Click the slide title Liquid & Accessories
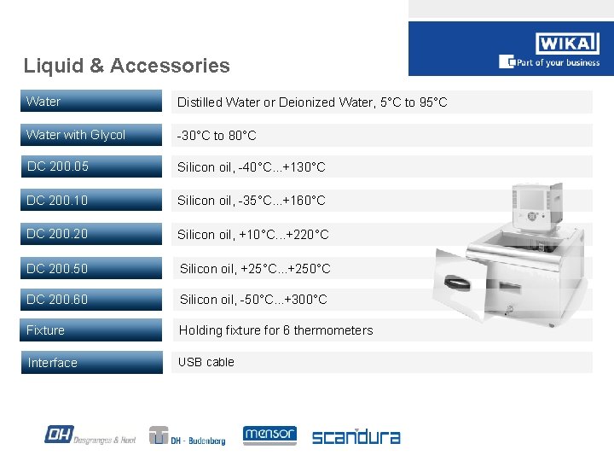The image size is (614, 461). click(x=127, y=66)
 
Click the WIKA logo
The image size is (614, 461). click(x=566, y=44)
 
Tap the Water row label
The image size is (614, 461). click(x=43, y=102)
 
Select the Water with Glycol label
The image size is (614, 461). click(x=76, y=135)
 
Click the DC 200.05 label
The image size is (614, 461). click(x=57, y=166)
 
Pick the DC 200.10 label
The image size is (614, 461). click(x=57, y=201)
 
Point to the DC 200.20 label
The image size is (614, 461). click(x=57, y=234)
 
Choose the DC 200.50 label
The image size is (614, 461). click(x=57, y=269)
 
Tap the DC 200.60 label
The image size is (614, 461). click(x=57, y=300)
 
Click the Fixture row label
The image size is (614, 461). click(x=46, y=330)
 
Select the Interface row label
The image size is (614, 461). click(x=53, y=363)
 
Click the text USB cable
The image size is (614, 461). click(x=206, y=362)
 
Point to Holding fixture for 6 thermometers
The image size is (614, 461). click(x=275, y=330)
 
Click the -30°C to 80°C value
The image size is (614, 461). click(x=217, y=136)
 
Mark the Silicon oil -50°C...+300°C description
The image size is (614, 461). click(x=253, y=300)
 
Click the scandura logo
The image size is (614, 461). click(x=356, y=436)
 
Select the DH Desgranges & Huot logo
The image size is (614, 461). click(x=90, y=435)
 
